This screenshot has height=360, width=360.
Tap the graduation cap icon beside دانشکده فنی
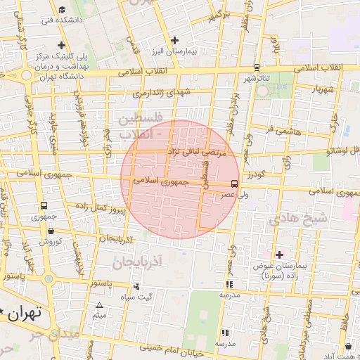63,10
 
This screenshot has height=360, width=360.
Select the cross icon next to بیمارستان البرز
174,41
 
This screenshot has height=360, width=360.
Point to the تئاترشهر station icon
257,67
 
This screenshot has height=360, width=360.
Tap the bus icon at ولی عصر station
245,176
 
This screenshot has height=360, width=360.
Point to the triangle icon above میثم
99,305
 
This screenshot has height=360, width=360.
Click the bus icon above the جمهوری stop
44,207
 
